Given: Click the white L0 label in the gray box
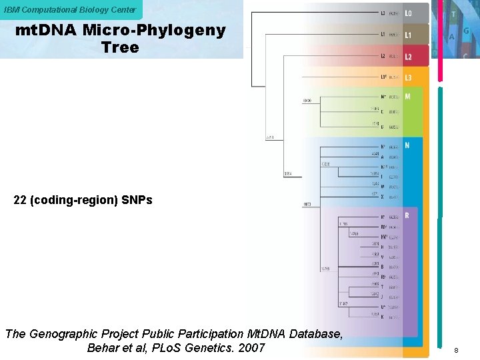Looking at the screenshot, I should (x=408, y=13).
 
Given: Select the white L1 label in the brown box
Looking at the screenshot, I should (x=408, y=35).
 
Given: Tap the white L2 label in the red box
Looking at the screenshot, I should (x=408, y=57).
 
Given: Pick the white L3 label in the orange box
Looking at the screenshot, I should (x=408, y=78).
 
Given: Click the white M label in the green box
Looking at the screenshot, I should (x=407, y=97).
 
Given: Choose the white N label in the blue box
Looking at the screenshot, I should (x=407, y=145).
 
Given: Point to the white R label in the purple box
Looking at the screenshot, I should (x=407, y=215).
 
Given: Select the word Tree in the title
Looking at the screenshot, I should (x=120, y=47).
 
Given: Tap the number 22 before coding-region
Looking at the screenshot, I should (x=20, y=200).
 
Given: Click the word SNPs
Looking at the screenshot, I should (x=137, y=200).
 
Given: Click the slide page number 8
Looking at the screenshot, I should (x=456, y=349).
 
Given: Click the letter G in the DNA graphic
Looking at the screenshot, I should (x=466, y=31).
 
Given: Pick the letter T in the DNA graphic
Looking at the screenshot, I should (x=453, y=13).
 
